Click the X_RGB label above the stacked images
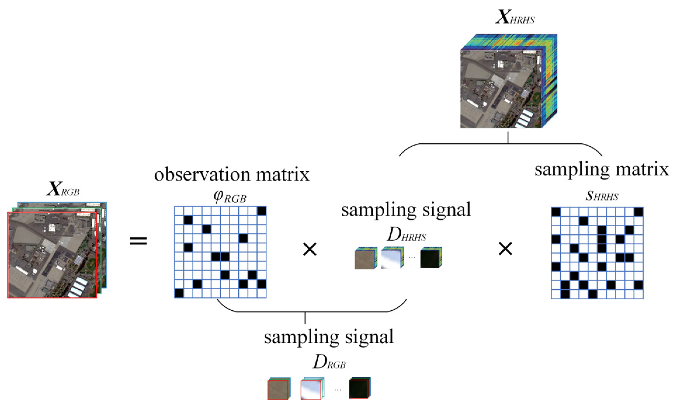pos(63,189)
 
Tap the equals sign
pos(138,241)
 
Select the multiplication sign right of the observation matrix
pos(310,250)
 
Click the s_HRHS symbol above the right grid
pos(602,196)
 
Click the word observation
pos(202,175)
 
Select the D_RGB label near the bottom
pos(329,363)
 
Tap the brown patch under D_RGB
pos(278,390)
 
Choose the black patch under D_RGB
pos(359,389)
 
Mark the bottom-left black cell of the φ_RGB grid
pos(179,293)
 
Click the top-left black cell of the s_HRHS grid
pos(556,212)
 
